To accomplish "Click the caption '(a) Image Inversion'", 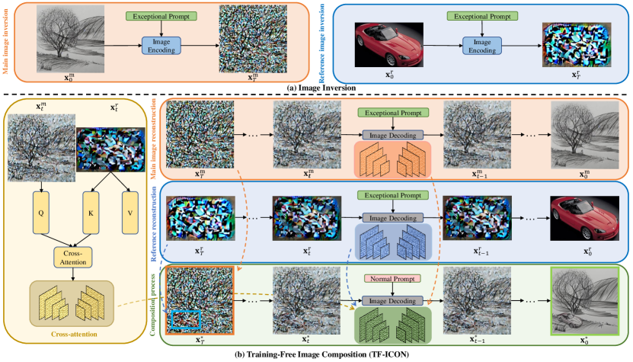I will pos(316,89).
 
